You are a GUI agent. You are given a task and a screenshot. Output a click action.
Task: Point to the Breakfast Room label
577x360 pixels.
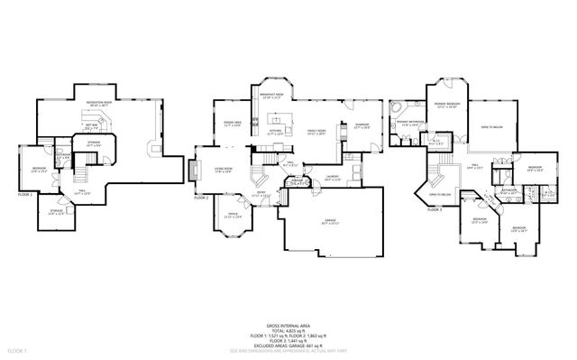click(x=272, y=97)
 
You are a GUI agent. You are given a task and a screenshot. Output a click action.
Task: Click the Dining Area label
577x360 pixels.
click(x=231, y=125)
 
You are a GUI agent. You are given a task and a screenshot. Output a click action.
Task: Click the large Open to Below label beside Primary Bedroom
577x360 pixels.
click(x=490, y=127)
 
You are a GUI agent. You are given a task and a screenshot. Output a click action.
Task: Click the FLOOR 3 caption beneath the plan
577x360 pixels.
click(x=435, y=208)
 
